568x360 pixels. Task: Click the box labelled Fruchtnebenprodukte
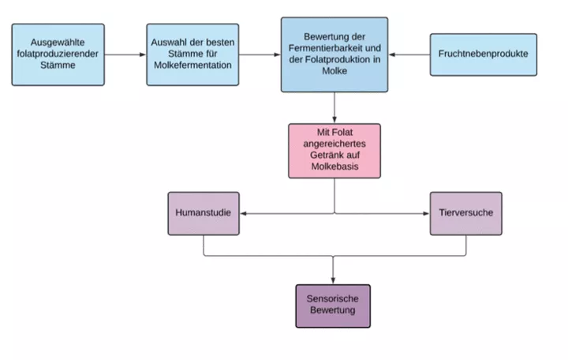[484, 54]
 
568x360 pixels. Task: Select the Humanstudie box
[204, 213]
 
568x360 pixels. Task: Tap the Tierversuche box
[466, 213]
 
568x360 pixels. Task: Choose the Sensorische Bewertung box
[333, 306]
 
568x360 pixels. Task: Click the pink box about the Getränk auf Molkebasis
[334, 151]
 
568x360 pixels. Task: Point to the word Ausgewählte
[58, 43]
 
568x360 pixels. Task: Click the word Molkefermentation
[192, 66]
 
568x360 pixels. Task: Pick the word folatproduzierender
[58, 54]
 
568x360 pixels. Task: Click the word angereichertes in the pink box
[334, 144]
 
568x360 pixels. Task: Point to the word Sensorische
[333, 298]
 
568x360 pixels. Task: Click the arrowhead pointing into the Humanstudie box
[244, 213]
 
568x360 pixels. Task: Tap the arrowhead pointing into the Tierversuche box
[426, 213]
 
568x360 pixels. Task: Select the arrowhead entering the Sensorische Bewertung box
[333, 280]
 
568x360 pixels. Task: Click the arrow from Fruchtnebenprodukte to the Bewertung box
[409, 54]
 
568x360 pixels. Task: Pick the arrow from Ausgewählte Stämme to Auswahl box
[125, 54]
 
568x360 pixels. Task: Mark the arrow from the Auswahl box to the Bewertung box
[260, 54]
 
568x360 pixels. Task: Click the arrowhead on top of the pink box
[334, 120]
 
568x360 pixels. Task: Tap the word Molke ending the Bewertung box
[334, 71]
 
